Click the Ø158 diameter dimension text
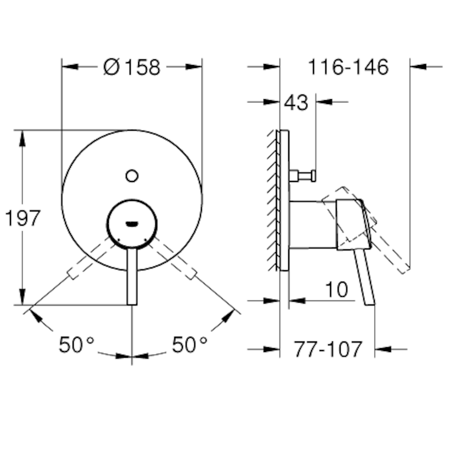click(x=132, y=67)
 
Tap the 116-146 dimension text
click(x=348, y=67)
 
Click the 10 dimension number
click(x=337, y=289)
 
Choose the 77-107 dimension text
click(x=327, y=350)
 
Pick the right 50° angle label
click(x=190, y=344)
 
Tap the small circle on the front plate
click(x=132, y=176)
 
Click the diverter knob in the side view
click(x=304, y=176)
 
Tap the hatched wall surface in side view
click(x=273, y=199)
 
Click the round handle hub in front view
click(x=132, y=223)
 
